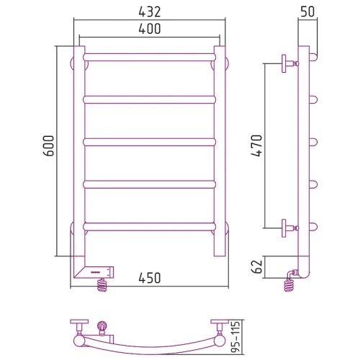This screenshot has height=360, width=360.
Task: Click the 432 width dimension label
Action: pos(149,12)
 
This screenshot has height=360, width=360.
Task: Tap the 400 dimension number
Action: pos(149,29)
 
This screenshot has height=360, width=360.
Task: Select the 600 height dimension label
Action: pos(49,145)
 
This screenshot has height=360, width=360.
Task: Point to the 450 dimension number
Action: pos(149,278)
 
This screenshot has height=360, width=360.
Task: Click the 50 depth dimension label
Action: pos(307,12)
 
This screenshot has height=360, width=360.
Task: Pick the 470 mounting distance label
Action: pos(257,145)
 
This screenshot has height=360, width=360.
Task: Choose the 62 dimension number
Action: pos(257,266)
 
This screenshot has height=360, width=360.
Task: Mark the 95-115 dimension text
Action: pos(235,336)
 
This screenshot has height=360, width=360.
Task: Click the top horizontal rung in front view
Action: pos(150,57)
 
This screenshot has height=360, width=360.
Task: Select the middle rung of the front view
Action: pos(150,142)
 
